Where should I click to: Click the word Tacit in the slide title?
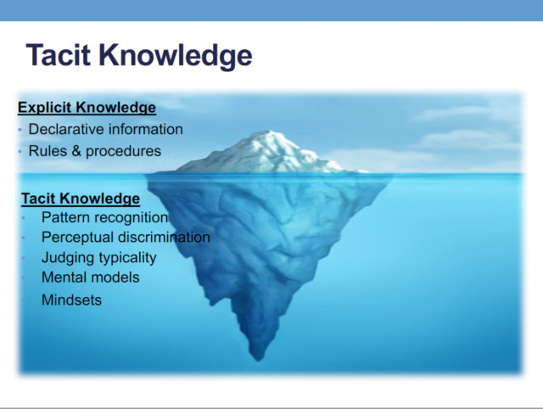coord(59,54)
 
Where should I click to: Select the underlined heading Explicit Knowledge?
coord(87,108)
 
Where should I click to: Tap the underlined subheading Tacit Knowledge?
coord(81,199)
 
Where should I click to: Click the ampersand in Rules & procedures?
coord(76,151)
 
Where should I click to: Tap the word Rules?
coord(48,151)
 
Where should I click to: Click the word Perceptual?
coord(77,238)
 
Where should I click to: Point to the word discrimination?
coord(164,238)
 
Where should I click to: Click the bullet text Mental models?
coord(91,277)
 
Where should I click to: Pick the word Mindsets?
coord(71,300)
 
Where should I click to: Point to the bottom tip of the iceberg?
coord(258,360)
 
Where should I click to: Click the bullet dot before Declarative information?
coord(20,130)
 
